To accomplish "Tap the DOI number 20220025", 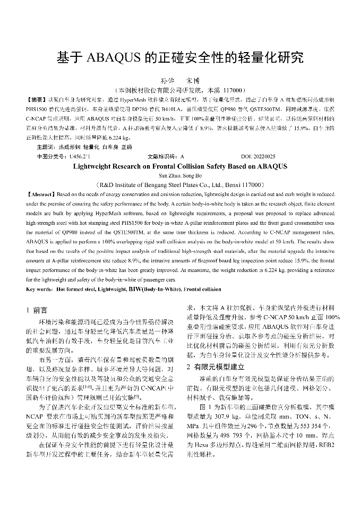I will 265,157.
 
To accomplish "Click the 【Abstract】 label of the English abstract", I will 40,195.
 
